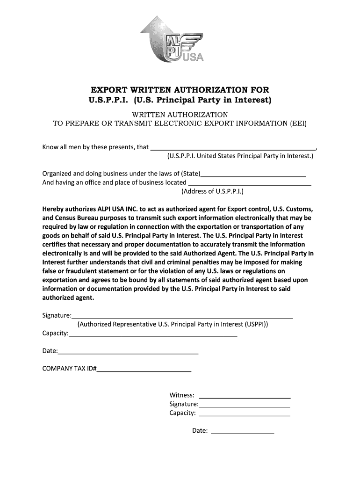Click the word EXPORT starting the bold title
click(109, 90)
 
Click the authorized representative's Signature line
click(182, 315)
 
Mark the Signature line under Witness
click(245, 404)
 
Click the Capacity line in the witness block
click(245, 414)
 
